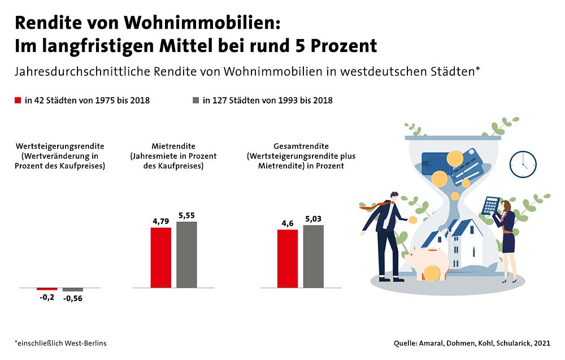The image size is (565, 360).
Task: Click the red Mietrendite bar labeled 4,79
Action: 160,257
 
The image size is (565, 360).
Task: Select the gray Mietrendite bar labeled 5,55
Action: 186,254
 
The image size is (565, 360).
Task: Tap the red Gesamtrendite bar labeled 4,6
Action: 288,258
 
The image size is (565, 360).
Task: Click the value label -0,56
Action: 73,299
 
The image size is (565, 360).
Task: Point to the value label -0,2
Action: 47,297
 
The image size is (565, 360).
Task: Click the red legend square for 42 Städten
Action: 18,101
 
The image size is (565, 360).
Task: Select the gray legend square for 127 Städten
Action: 195,101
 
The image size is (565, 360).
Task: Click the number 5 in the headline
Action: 297,45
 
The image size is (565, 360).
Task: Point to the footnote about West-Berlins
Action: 60,343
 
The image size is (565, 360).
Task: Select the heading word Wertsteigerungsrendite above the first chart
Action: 60,146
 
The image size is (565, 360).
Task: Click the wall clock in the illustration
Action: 523,163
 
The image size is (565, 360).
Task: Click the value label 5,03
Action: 314,218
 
